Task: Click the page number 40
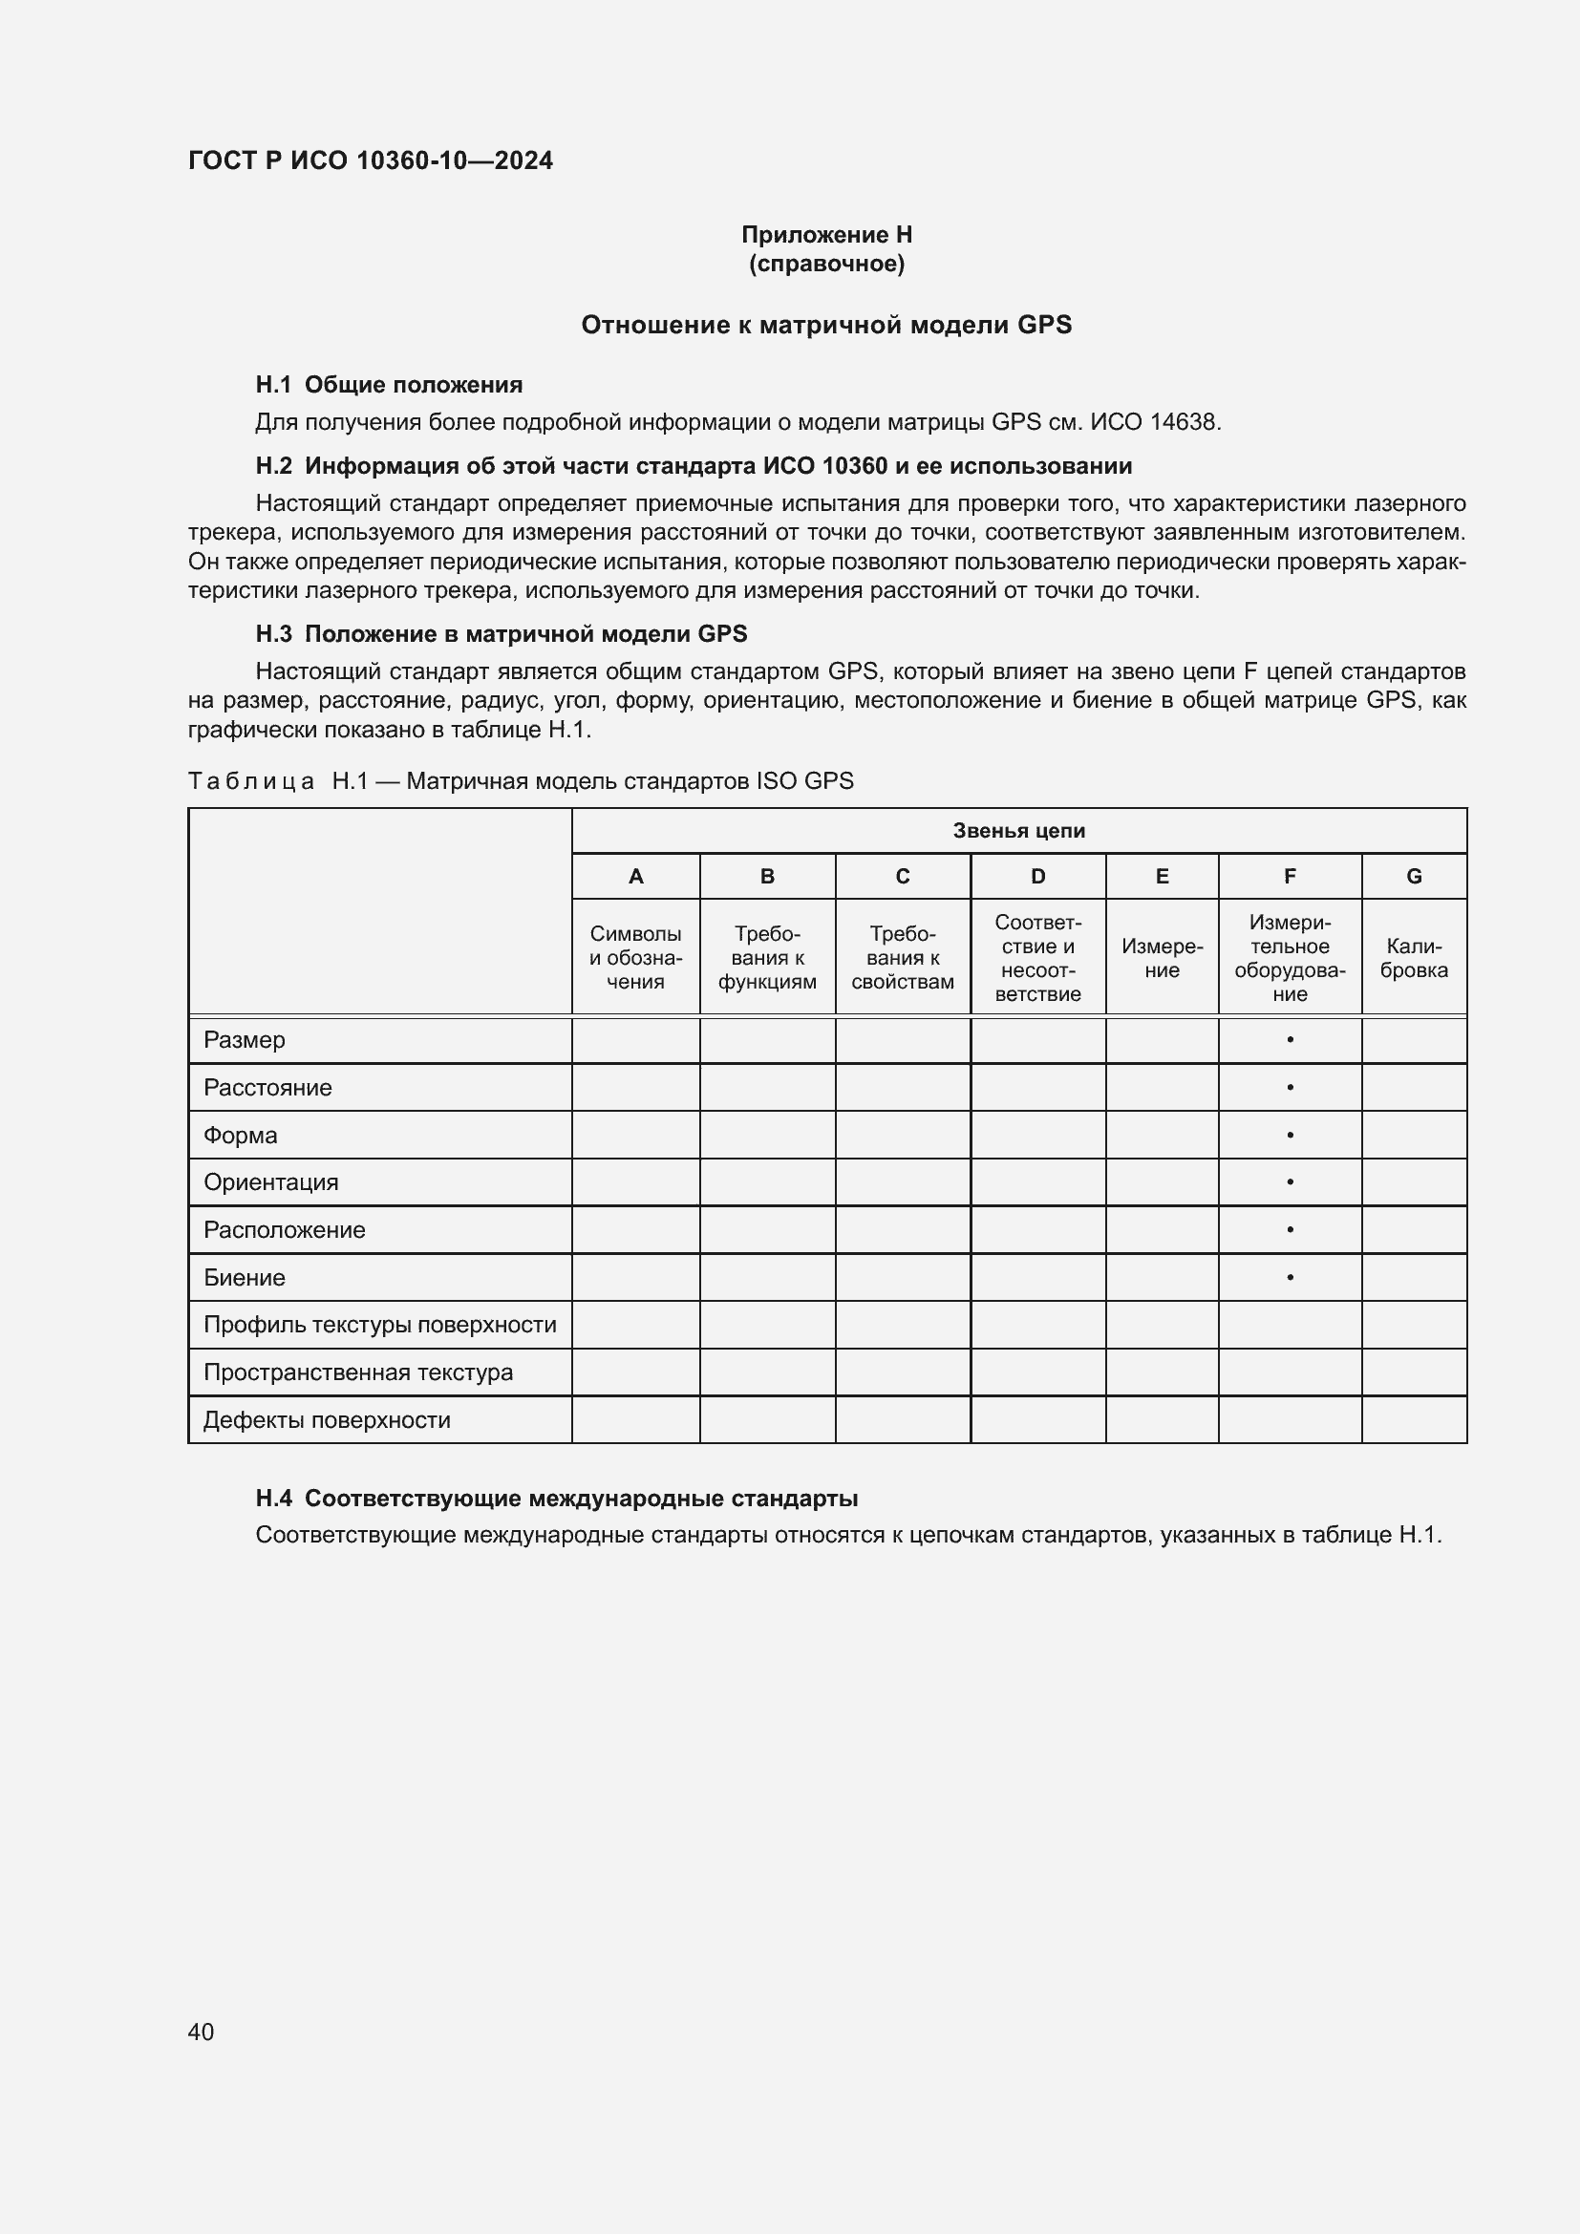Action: [x=201, y=2031]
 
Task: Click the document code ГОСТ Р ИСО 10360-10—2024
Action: [x=370, y=160]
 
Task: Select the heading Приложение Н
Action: [x=826, y=235]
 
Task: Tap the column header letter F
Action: [x=1289, y=876]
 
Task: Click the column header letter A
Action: [x=635, y=876]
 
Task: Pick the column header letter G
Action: [x=1414, y=876]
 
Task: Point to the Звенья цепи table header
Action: [x=1017, y=830]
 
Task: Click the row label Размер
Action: [x=245, y=1039]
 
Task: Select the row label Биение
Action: [x=245, y=1277]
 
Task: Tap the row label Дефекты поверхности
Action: [x=326, y=1419]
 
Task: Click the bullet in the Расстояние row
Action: [x=1289, y=1087]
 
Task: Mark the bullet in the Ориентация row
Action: [x=1289, y=1181]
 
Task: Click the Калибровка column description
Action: [x=1414, y=957]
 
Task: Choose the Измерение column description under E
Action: [x=1162, y=957]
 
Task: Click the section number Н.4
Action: [x=273, y=1498]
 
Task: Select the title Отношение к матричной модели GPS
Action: [x=826, y=325]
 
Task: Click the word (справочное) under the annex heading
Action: [x=826, y=264]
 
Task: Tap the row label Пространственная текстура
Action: [x=358, y=1372]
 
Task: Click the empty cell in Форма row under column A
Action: [x=635, y=1135]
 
